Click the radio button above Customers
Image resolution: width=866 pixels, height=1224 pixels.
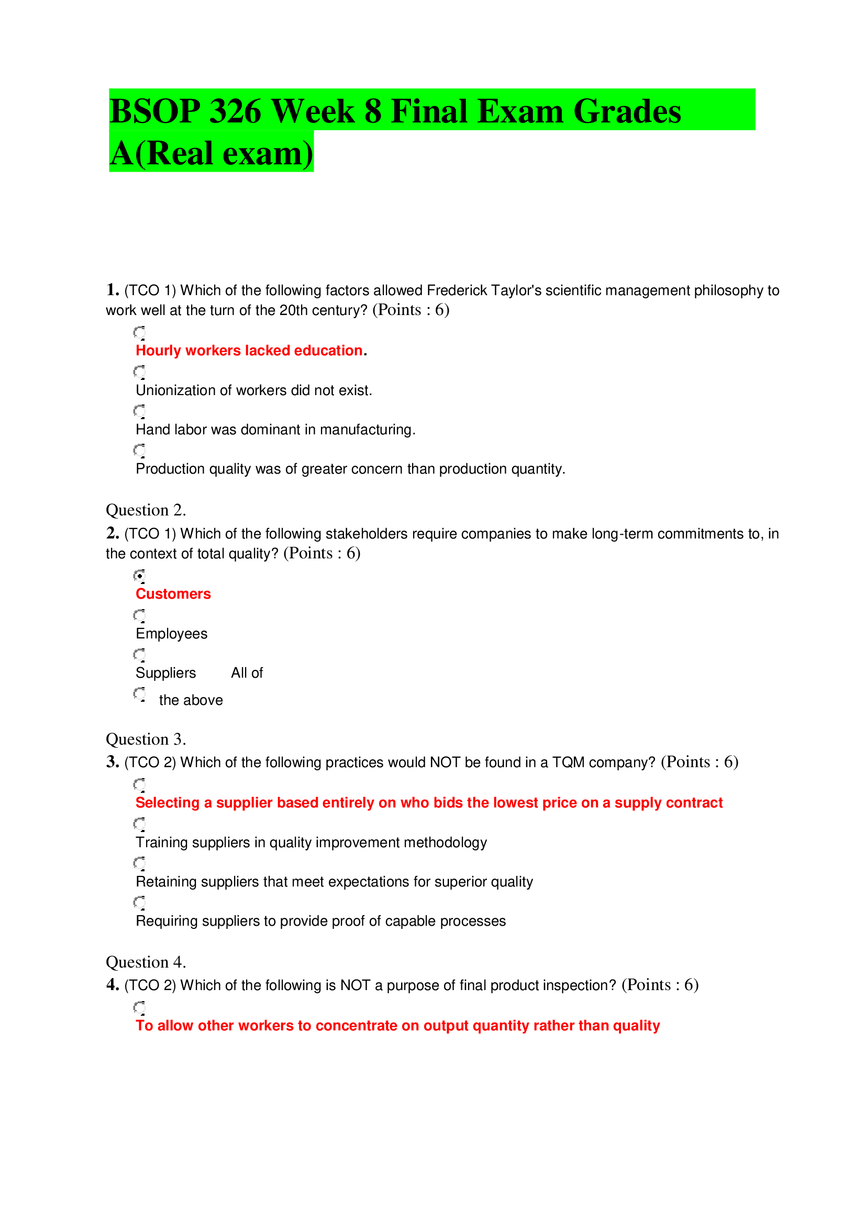pos(139,575)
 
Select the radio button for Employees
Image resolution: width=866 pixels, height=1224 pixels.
pos(139,615)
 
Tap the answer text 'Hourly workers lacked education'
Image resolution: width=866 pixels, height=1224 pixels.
pos(249,350)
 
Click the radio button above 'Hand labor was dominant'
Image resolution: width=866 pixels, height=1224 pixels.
pos(139,410)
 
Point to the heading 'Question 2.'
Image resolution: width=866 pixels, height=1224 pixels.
pos(146,510)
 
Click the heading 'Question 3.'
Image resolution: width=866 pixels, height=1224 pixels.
pos(146,739)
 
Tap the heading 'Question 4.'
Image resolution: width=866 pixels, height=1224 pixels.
pos(146,962)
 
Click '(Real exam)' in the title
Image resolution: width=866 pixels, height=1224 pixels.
pos(224,153)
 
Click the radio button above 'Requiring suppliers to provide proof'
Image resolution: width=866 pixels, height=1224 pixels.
pos(139,902)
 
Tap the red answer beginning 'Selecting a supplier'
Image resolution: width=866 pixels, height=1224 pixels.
pos(429,802)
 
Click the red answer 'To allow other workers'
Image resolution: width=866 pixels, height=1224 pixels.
pos(397,1025)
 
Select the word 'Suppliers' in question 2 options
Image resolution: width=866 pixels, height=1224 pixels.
pos(166,673)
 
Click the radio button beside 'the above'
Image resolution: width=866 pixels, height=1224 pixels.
pos(139,693)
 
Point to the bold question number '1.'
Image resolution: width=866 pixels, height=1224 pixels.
pos(113,289)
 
